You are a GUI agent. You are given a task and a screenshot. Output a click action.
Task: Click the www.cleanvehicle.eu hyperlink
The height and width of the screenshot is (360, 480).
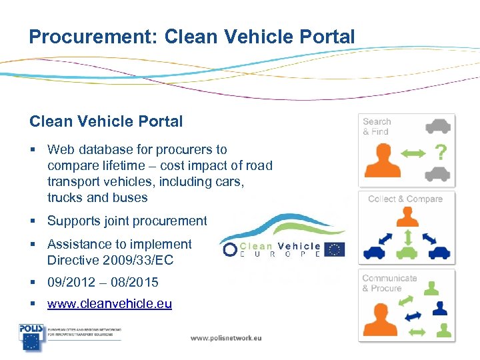point(109,304)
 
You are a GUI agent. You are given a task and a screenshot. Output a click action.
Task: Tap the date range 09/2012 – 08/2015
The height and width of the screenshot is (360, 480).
point(103,282)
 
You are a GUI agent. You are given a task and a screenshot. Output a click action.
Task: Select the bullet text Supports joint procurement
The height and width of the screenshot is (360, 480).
point(127,221)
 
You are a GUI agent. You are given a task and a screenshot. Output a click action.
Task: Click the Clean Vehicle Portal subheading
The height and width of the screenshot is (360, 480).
point(106,121)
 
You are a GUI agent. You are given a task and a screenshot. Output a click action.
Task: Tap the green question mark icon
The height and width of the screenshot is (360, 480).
point(440,153)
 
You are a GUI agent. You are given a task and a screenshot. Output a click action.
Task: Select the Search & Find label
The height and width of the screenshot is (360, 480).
point(377,127)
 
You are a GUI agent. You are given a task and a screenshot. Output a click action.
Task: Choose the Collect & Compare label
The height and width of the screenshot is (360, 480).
point(405,199)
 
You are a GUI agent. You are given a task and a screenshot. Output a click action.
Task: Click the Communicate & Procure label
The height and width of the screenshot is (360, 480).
point(389,283)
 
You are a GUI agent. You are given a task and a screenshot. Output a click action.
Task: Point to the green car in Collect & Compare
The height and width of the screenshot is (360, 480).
point(407,252)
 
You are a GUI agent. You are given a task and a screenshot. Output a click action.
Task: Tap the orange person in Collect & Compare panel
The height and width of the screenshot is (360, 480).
point(407,217)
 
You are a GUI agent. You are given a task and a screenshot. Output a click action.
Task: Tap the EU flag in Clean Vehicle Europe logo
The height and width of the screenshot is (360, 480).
point(336,249)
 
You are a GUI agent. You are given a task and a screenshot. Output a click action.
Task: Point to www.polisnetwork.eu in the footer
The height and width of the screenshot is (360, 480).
point(226,338)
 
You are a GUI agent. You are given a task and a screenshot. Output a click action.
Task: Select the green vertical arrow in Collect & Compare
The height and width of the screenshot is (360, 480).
point(407,235)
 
